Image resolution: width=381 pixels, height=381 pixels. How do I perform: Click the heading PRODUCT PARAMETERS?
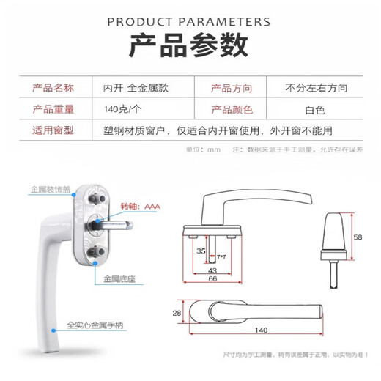click(189, 21)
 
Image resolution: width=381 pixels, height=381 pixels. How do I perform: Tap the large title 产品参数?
click(189, 46)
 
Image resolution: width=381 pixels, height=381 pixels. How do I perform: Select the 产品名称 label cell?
click(53, 89)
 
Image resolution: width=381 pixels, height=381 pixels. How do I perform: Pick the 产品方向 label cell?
click(232, 89)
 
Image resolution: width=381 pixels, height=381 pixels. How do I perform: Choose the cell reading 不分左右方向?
click(316, 89)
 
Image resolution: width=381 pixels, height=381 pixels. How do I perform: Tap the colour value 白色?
click(316, 110)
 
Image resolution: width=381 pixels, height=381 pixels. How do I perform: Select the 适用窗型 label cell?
click(53, 131)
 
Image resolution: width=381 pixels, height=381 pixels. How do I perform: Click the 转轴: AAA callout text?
click(142, 207)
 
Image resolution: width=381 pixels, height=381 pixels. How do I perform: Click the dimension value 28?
click(175, 314)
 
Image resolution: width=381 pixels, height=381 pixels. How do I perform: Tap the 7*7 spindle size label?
click(221, 257)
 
